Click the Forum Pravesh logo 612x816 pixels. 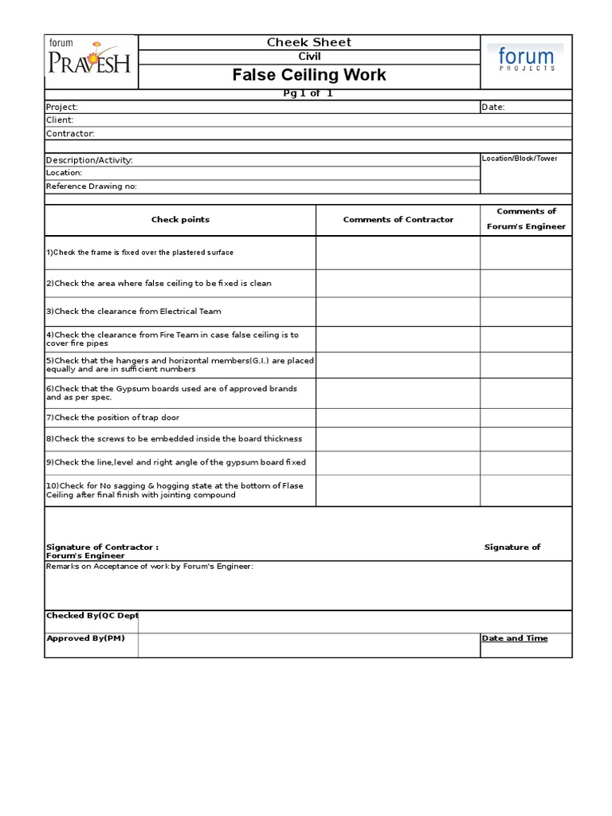pyautogui.click(x=91, y=61)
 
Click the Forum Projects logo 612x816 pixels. pyautogui.click(x=525, y=61)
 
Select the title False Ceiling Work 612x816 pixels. pyautogui.click(x=309, y=75)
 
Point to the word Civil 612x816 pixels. pyautogui.click(x=309, y=57)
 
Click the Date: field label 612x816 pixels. pyautogui.click(x=493, y=107)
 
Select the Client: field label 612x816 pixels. pyautogui.click(x=60, y=120)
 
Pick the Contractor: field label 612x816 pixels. pyautogui.click(x=70, y=134)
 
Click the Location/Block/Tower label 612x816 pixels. pyautogui.click(x=520, y=159)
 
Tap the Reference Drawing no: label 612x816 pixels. pyautogui.click(x=92, y=186)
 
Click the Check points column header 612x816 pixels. pyautogui.click(x=181, y=220)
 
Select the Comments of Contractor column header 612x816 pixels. pyautogui.click(x=398, y=220)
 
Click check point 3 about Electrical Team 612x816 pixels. pyautogui.click(x=134, y=312)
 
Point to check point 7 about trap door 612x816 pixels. pyautogui.click(x=118, y=418)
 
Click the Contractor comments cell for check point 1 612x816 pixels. pyautogui.click(x=398, y=253)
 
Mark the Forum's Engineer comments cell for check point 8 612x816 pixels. pyautogui.click(x=525, y=438)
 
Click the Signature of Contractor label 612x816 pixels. pyautogui.click(x=102, y=547)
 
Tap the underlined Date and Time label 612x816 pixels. pyautogui.click(x=514, y=638)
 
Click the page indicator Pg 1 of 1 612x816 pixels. pyautogui.click(x=308, y=94)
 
